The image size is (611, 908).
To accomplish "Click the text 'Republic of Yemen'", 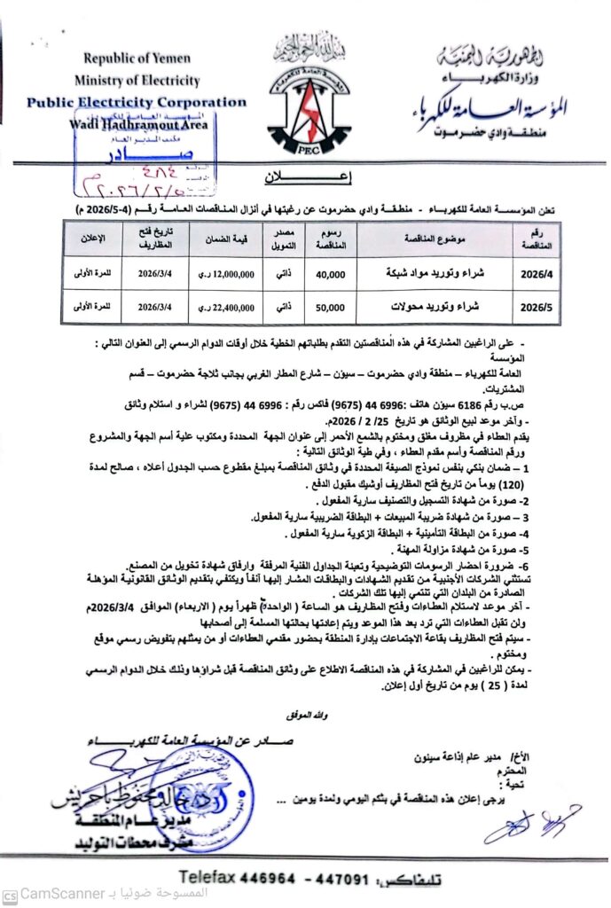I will click(x=137, y=59).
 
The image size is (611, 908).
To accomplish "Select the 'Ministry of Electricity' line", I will click(x=137, y=80).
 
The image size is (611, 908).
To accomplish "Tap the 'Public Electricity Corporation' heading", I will click(x=136, y=103).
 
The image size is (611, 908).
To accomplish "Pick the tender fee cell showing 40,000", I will click(x=331, y=275).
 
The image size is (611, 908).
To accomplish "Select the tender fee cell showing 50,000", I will click(x=331, y=307).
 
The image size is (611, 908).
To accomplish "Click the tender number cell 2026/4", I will click(x=536, y=275).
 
